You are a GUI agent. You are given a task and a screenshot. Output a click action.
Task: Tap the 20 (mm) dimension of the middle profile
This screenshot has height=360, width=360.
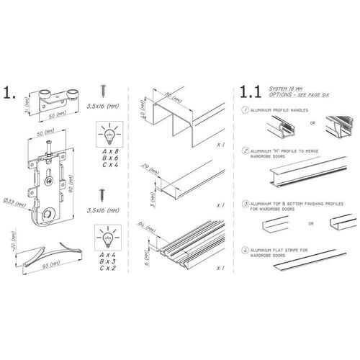[x=151, y=168]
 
